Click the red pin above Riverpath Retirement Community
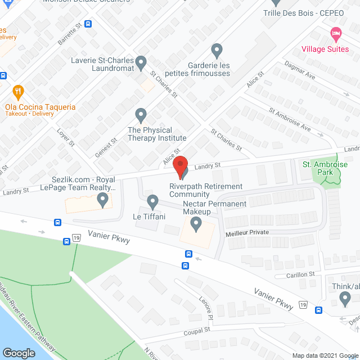[179, 167]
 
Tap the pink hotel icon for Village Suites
[336, 33]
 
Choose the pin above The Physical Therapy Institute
[141, 115]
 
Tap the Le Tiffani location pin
[152, 201]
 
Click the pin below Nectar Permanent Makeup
[196, 224]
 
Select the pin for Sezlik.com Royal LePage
[102, 199]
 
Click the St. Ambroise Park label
[322, 168]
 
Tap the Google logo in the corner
[19, 353]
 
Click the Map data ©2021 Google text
[324, 355]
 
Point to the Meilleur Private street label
[247, 232]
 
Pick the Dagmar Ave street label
[299, 73]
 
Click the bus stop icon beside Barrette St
[88, 24]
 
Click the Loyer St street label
[65, 137]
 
